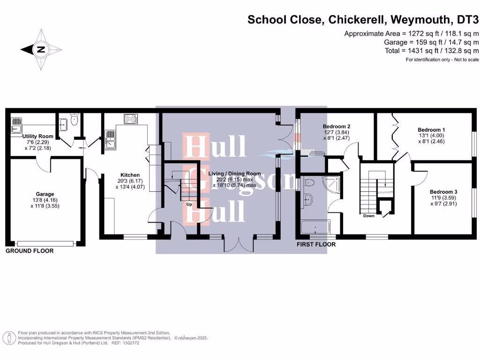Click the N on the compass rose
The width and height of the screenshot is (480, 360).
click(41, 49)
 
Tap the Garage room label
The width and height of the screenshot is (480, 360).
click(45, 194)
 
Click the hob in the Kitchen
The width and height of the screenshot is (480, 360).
click(130, 119)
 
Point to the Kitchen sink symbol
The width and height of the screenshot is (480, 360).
click(111, 139)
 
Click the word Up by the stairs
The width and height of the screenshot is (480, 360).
click(189, 205)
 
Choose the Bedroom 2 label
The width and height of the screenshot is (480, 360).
click(337, 127)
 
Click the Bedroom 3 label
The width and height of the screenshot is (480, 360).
click(443, 192)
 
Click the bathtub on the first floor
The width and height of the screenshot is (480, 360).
click(315, 227)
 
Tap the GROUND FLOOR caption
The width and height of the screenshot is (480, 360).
click(30, 251)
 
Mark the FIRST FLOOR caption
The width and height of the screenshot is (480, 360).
click(316, 245)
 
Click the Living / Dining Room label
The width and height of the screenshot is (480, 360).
click(234, 173)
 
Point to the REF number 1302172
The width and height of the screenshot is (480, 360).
click(130, 343)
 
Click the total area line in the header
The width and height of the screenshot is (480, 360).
click(431, 51)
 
